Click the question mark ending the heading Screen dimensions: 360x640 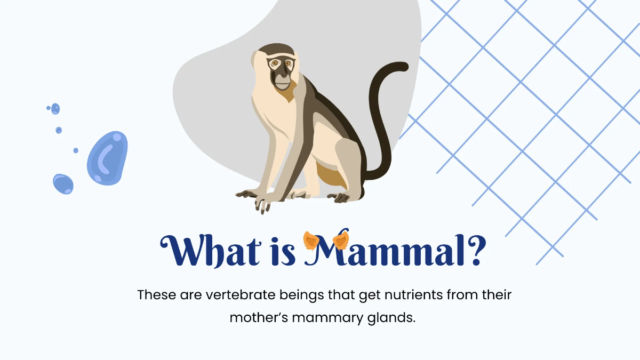click(474, 250)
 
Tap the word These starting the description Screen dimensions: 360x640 click(154, 294)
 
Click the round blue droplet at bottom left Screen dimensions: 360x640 click(63, 184)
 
